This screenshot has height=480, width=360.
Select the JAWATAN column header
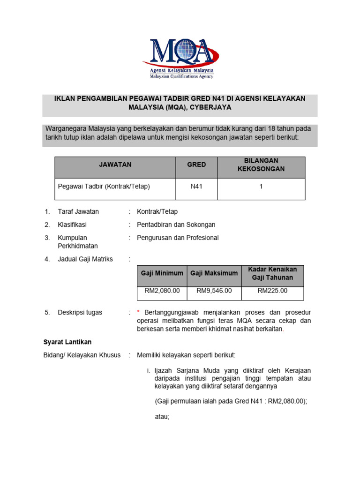115,165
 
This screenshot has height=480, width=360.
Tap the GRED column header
196,165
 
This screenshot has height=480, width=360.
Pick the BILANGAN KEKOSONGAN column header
261,165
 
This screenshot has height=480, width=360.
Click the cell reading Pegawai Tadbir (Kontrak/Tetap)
104,186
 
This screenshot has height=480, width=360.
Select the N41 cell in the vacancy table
196,186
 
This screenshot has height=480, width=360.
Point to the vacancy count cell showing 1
261,186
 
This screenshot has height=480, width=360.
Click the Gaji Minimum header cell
162,273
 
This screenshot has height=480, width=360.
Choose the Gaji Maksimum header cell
214,273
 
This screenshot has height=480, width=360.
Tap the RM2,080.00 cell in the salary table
162,291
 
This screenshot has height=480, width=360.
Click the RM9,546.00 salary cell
214,291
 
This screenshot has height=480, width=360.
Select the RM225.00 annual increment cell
273,291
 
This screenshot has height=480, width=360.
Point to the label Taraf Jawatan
78,211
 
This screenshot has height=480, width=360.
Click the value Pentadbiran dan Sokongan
176,225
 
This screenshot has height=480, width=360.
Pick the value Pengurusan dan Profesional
178,238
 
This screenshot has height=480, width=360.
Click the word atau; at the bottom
162,416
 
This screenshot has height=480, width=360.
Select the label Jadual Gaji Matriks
85,259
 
